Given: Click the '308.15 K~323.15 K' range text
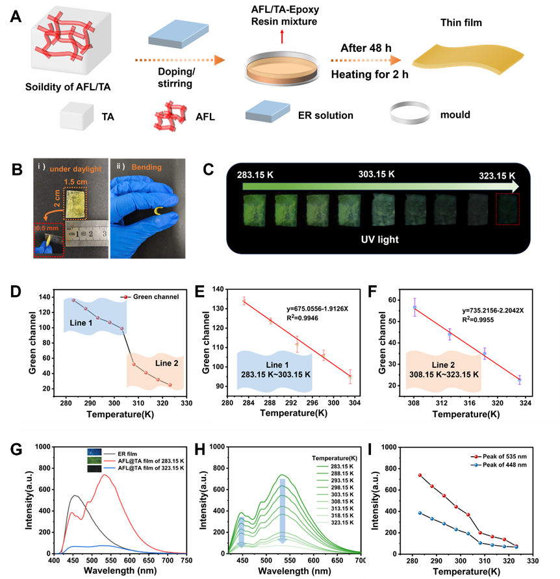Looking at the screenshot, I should pyautogui.click(x=443, y=375).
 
